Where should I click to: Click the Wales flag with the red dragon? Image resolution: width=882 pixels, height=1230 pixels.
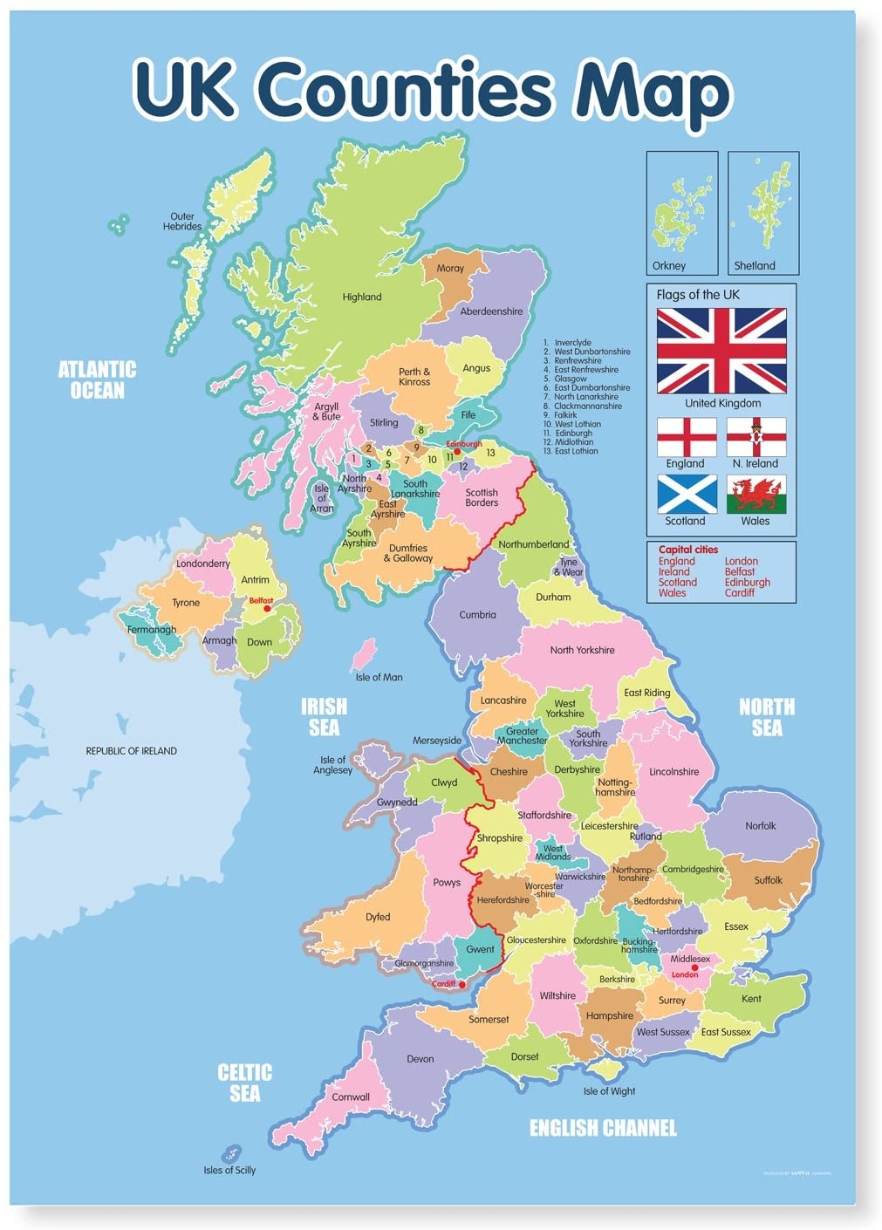click(756, 494)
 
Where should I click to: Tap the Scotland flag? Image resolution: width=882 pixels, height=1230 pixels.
click(687, 494)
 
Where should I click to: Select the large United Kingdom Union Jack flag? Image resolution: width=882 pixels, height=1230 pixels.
click(721, 351)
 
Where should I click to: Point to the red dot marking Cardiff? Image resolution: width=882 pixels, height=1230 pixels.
click(462, 985)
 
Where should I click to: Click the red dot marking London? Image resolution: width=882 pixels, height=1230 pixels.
click(694, 967)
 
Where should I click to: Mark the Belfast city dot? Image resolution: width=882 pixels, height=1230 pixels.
click(267, 608)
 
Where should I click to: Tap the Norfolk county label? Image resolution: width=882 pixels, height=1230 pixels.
click(760, 825)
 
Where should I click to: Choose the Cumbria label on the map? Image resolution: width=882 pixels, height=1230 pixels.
click(477, 614)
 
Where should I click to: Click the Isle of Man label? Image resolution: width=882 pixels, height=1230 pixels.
click(379, 677)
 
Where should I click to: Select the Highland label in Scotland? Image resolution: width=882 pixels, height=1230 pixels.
click(361, 297)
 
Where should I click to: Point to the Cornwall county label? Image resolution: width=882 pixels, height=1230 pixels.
click(351, 1097)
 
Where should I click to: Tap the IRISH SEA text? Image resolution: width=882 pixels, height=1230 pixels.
click(324, 716)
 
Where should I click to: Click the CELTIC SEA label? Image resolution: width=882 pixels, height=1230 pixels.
click(245, 1083)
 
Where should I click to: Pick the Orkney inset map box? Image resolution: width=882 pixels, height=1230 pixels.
click(682, 213)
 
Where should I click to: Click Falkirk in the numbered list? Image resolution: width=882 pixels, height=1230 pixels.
click(565, 415)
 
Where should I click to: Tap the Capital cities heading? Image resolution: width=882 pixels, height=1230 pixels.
click(688, 550)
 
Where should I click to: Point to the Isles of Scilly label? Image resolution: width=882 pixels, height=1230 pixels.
click(229, 1170)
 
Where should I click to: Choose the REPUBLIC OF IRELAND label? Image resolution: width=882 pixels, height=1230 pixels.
click(131, 750)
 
